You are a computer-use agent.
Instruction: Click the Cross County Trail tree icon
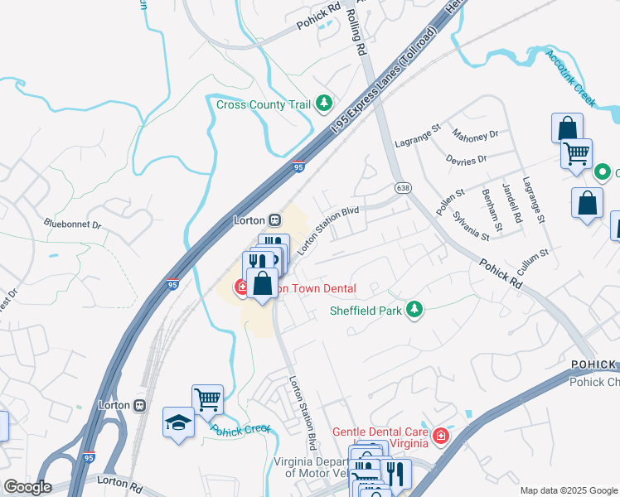325,104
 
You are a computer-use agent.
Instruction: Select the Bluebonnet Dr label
72,224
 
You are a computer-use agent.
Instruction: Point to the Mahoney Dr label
475,133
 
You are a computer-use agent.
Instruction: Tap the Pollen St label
447,198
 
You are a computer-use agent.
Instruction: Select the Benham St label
492,209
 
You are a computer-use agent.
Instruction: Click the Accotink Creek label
570,78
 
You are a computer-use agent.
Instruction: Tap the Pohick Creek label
240,430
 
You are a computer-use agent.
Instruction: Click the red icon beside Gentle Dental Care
440,436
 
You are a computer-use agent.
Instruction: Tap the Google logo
27,487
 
